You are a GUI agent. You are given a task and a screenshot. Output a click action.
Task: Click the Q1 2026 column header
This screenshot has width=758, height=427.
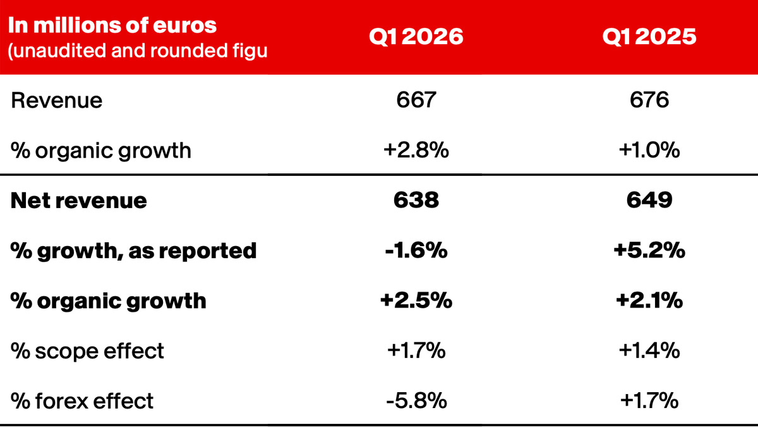pyautogui.click(x=416, y=37)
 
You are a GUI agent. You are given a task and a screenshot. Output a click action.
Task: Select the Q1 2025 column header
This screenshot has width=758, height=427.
pyautogui.click(x=649, y=37)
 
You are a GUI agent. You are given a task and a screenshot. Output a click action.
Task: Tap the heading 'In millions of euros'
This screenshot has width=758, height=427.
pyautogui.click(x=112, y=25)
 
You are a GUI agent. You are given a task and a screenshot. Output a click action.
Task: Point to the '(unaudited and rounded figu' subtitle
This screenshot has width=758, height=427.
pyautogui.click(x=137, y=51)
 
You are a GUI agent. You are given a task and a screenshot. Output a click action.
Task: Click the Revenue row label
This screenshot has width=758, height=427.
pyautogui.click(x=57, y=101)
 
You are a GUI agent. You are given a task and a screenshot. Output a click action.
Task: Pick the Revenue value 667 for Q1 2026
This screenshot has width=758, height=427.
pyautogui.click(x=416, y=101)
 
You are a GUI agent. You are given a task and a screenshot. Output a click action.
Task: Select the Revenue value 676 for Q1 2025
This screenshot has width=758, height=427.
pyautogui.click(x=649, y=101)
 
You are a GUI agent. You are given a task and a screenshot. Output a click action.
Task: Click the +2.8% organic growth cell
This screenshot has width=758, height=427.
pyautogui.click(x=416, y=151)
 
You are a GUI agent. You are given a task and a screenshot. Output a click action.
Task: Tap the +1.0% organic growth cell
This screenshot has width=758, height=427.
pyautogui.click(x=649, y=151)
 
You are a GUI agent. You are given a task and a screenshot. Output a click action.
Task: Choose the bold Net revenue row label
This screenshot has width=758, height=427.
pyautogui.click(x=79, y=201)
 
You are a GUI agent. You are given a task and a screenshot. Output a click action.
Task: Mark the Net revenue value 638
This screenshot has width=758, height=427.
pyautogui.click(x=416, y=201)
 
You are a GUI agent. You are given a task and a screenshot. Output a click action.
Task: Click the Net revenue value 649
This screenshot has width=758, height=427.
pyautogui.click(x=649, y=201)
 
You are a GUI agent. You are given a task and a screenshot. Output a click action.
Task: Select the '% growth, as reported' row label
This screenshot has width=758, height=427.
pyautogui.click(x=134, y=251)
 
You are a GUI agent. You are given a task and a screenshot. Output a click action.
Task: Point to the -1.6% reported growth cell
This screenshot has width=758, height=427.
pyautogui.click(x=416, y=251)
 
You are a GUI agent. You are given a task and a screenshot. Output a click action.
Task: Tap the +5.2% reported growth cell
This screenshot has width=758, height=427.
pyautogui.click(x=649, y=251)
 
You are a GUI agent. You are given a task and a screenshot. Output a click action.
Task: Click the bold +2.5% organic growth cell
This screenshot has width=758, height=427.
pyautogui.click(x=416, y=300)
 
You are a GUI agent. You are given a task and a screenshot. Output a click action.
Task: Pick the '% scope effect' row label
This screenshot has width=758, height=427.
pyautogui.click(x=88, y=350)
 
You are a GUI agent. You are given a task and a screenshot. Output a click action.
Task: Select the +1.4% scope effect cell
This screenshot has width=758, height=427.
pyautogui.click(x=649, y=350)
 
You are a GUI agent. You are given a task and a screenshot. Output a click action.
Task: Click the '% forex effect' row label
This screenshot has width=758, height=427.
pyautogui.click(x=82, y=400)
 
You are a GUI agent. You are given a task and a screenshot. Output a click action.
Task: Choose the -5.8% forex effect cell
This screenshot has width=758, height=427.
pyautogui.click(x=416, y=400)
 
